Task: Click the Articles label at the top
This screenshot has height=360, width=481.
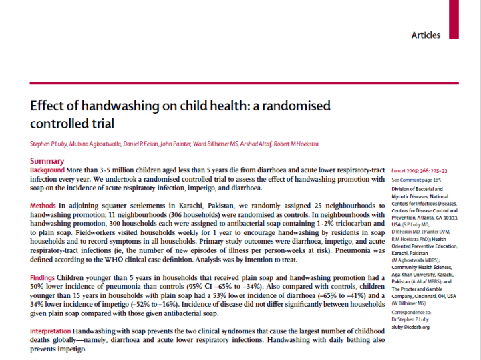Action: pos(426,34)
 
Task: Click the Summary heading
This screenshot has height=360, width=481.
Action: pos(47,161)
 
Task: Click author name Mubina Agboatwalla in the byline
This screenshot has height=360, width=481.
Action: pos(100,144)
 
